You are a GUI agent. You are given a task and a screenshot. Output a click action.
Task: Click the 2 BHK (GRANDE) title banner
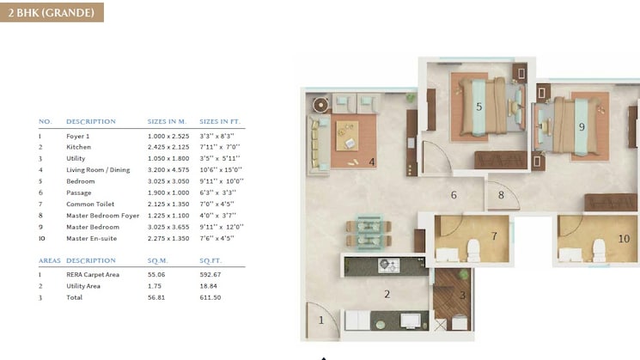pyautogui.click(x=52, y=12)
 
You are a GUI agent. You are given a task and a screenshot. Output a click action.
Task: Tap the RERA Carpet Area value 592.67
pyautogui.click(x=211, y=274)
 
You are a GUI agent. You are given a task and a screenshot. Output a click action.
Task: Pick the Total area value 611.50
pyautogui.click(x=210, y=296)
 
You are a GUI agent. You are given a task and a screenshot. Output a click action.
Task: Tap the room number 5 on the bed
pyautogui.click(x=478, y=107)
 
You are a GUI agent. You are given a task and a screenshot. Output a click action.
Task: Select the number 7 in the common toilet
pyautogui.click(x=494, y=235)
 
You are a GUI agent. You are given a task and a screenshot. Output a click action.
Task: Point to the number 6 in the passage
pyautogui.click(x=454, y=195)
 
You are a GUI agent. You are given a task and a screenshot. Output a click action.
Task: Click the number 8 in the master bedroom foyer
pyautogui.click(x=501, y=195)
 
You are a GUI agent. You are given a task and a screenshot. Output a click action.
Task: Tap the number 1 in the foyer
pyautogui.click(x=322, y=320)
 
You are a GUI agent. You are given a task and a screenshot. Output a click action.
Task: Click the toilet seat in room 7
pyautogui.click(x=472, y=250)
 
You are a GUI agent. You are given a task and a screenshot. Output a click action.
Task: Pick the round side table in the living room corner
pyautogui.click(x=320, y=105)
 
